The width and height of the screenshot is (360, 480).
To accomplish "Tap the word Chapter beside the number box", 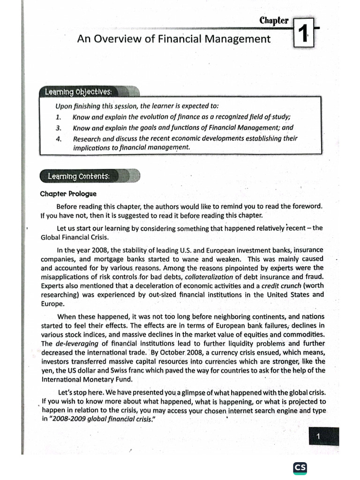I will tap(274, 21).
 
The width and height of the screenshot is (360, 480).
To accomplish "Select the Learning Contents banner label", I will tap(78, 176).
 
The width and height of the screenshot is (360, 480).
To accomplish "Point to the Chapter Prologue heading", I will tap(68, 194).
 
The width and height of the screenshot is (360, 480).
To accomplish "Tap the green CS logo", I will tap(300, 468).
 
